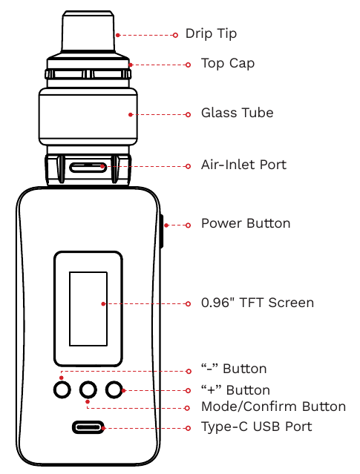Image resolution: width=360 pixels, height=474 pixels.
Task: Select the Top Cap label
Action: [x=228, y=64]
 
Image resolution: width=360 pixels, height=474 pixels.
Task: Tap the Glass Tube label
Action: [x=237, y=113]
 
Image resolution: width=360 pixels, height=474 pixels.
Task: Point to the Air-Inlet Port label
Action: [x=243, y=165]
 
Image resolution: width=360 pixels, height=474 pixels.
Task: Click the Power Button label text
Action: [x=246, y=223]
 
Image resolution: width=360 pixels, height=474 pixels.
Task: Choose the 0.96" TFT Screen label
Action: [x=258, y=303]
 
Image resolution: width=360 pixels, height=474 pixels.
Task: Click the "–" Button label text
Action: [x=234, y=369]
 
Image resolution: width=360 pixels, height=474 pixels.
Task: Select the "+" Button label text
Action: [x=235, y=390]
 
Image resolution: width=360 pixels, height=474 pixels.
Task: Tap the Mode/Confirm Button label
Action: [x=273, y=406]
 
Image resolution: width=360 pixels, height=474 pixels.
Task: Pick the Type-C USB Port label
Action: [x=256, y=427]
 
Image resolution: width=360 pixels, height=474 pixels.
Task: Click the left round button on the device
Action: [x=63, y=389]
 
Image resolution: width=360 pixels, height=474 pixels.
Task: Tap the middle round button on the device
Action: [x=88, y=389]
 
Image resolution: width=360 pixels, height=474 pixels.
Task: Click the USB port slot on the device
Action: [x=88, y=427]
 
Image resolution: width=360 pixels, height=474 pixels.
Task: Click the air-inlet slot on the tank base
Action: [x=88, y=165]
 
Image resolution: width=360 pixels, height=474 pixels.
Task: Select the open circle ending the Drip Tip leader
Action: [x=176, y=34]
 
